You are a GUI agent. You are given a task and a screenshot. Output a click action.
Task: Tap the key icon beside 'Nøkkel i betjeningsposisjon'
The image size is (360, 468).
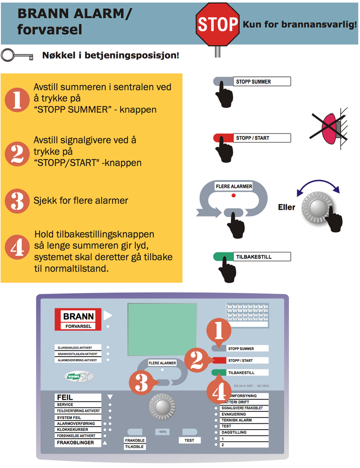17,55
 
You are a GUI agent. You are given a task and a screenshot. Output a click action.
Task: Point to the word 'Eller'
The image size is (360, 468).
287,208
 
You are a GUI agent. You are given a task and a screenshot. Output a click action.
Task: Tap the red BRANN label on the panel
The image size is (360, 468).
79,316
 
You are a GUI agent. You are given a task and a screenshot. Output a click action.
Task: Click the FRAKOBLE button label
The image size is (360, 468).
134,440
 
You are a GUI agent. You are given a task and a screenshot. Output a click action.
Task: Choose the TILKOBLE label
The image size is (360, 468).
134,446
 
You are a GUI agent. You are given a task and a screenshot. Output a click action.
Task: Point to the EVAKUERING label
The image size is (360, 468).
234,414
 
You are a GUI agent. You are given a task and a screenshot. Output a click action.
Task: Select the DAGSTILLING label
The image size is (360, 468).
235,432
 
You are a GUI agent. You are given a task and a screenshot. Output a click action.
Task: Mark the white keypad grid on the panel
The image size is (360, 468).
247,315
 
